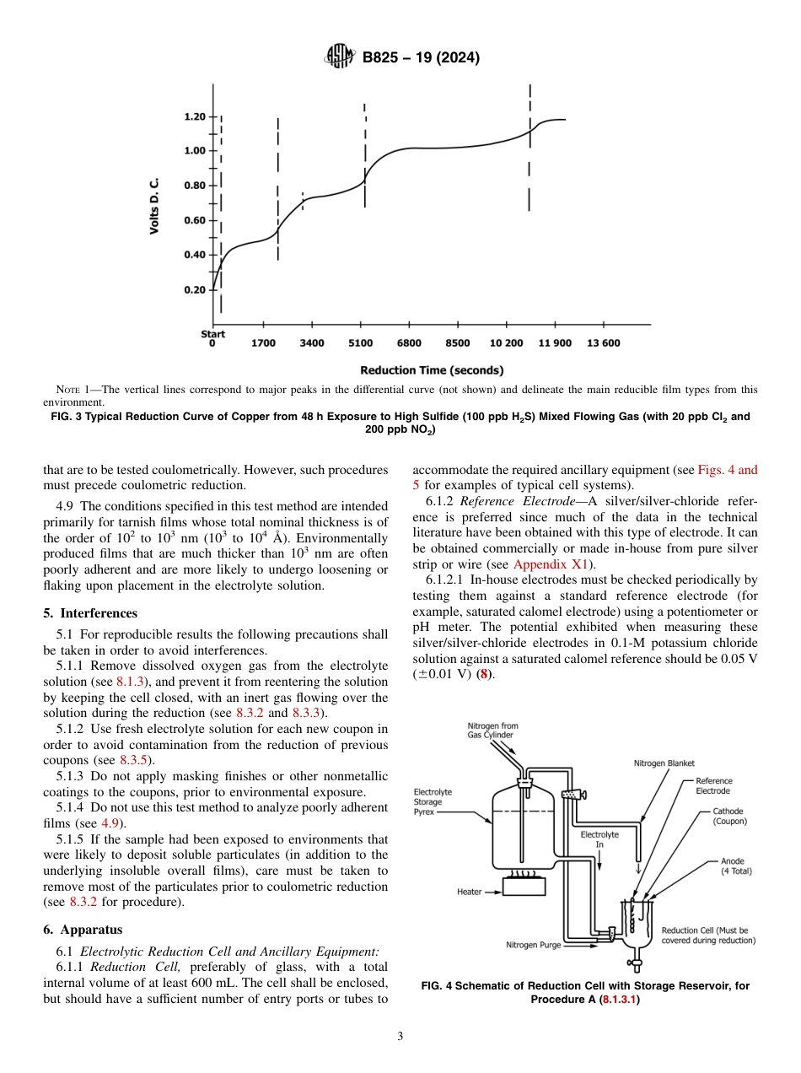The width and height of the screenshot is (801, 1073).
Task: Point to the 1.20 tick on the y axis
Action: coord(195,116)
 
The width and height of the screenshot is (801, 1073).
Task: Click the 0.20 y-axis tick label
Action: coord(195,290)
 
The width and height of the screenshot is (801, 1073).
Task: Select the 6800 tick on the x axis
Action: coord(409,343)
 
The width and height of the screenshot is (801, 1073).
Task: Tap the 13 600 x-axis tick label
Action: coord(603,343)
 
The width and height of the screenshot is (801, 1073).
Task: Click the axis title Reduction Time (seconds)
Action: coord(432,370)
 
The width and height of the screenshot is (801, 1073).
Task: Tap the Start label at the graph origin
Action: coord(213,334)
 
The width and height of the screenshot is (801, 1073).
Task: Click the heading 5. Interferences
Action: coord(90,613)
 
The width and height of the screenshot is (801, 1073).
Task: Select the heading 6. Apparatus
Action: coord(83,930)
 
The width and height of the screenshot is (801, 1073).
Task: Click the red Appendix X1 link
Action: coord(552,564)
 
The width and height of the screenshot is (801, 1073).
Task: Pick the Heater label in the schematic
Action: coord(469,891)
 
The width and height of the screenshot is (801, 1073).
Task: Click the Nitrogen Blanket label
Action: coord(664,763)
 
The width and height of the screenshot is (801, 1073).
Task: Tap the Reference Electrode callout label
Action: coord(713,786)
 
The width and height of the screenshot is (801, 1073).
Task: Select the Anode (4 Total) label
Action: coord(736,866)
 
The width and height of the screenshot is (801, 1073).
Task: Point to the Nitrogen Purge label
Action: coord(533,945)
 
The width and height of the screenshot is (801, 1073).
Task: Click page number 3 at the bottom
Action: coord(400,1037)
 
